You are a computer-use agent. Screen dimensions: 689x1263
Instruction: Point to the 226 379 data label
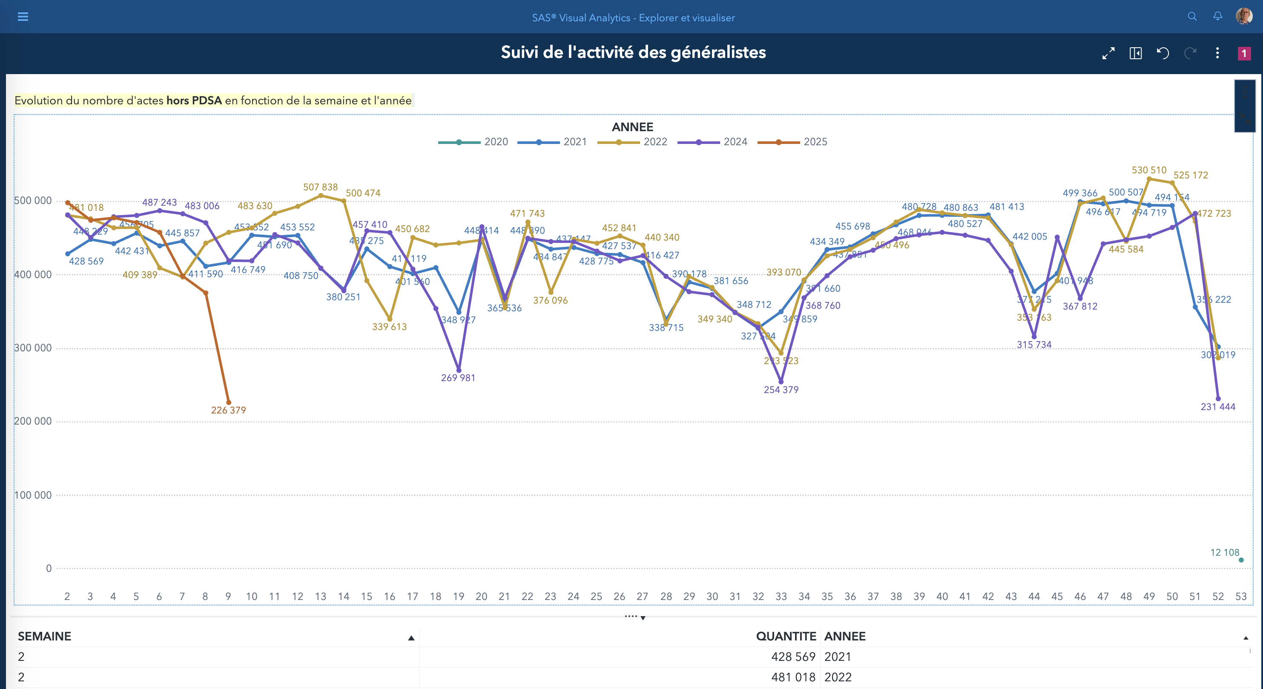coord(229,410)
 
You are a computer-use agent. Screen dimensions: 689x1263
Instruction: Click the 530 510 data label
coord(1149,170)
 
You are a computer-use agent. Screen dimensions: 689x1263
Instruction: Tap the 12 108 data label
coord(1224,552)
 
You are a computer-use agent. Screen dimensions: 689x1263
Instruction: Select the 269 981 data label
coord(458,378)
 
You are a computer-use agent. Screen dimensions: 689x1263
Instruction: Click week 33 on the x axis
coord(781,596)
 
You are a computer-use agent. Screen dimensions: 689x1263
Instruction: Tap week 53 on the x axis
coord(1240,596)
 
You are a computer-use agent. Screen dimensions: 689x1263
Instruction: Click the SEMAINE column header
coord(45,636)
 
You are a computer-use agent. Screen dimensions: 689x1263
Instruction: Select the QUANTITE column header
coord(786,636)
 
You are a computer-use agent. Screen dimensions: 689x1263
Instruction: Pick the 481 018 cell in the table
coord(793,677)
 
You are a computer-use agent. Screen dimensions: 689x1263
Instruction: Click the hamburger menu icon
coord(23,17)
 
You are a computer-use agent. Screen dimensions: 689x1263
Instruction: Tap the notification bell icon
coord(1217,16)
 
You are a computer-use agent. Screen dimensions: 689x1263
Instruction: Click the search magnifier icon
coord(1192,16)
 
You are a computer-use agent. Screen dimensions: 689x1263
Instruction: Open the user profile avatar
coord(1244,16)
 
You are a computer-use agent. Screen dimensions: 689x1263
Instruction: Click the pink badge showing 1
coord(1244,53)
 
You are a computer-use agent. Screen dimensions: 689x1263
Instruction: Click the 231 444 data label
coord(1217,407)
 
